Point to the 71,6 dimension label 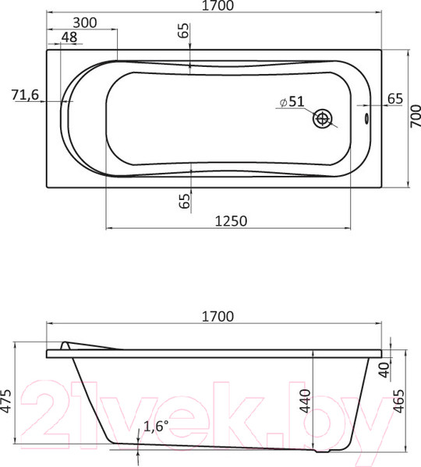(26, 95)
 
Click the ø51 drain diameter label (291, 102)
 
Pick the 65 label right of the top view (394, 98)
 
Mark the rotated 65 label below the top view (184, 200)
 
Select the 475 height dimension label (8, 399)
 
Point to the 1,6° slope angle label (154, 427)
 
